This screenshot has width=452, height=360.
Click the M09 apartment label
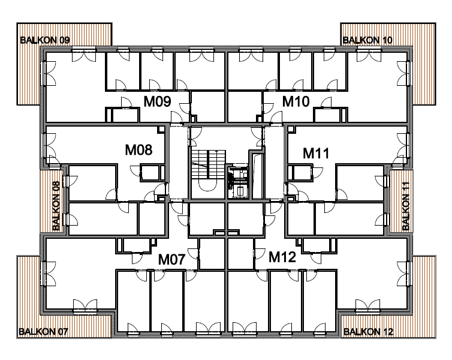point(158,101)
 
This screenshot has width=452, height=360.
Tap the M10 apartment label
point(296,101)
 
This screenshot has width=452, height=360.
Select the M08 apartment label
point(138,150)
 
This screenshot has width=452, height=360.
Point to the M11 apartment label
point(316,153)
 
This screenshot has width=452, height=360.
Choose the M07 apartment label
point(171,259)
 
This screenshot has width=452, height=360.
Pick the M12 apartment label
point(282,257)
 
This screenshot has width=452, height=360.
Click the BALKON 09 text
point(45,40)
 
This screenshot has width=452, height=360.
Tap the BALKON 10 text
point(367,40)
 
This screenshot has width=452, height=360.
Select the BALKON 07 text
point(43,332)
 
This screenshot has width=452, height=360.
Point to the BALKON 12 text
point(369,332)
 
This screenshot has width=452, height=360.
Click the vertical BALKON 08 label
point(56,206)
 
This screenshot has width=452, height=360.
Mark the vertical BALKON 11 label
point(406,206)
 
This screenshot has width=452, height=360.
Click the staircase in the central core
point(208,170)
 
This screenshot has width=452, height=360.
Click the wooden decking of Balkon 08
point(47,202)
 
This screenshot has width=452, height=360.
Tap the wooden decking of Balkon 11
point(397,202)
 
